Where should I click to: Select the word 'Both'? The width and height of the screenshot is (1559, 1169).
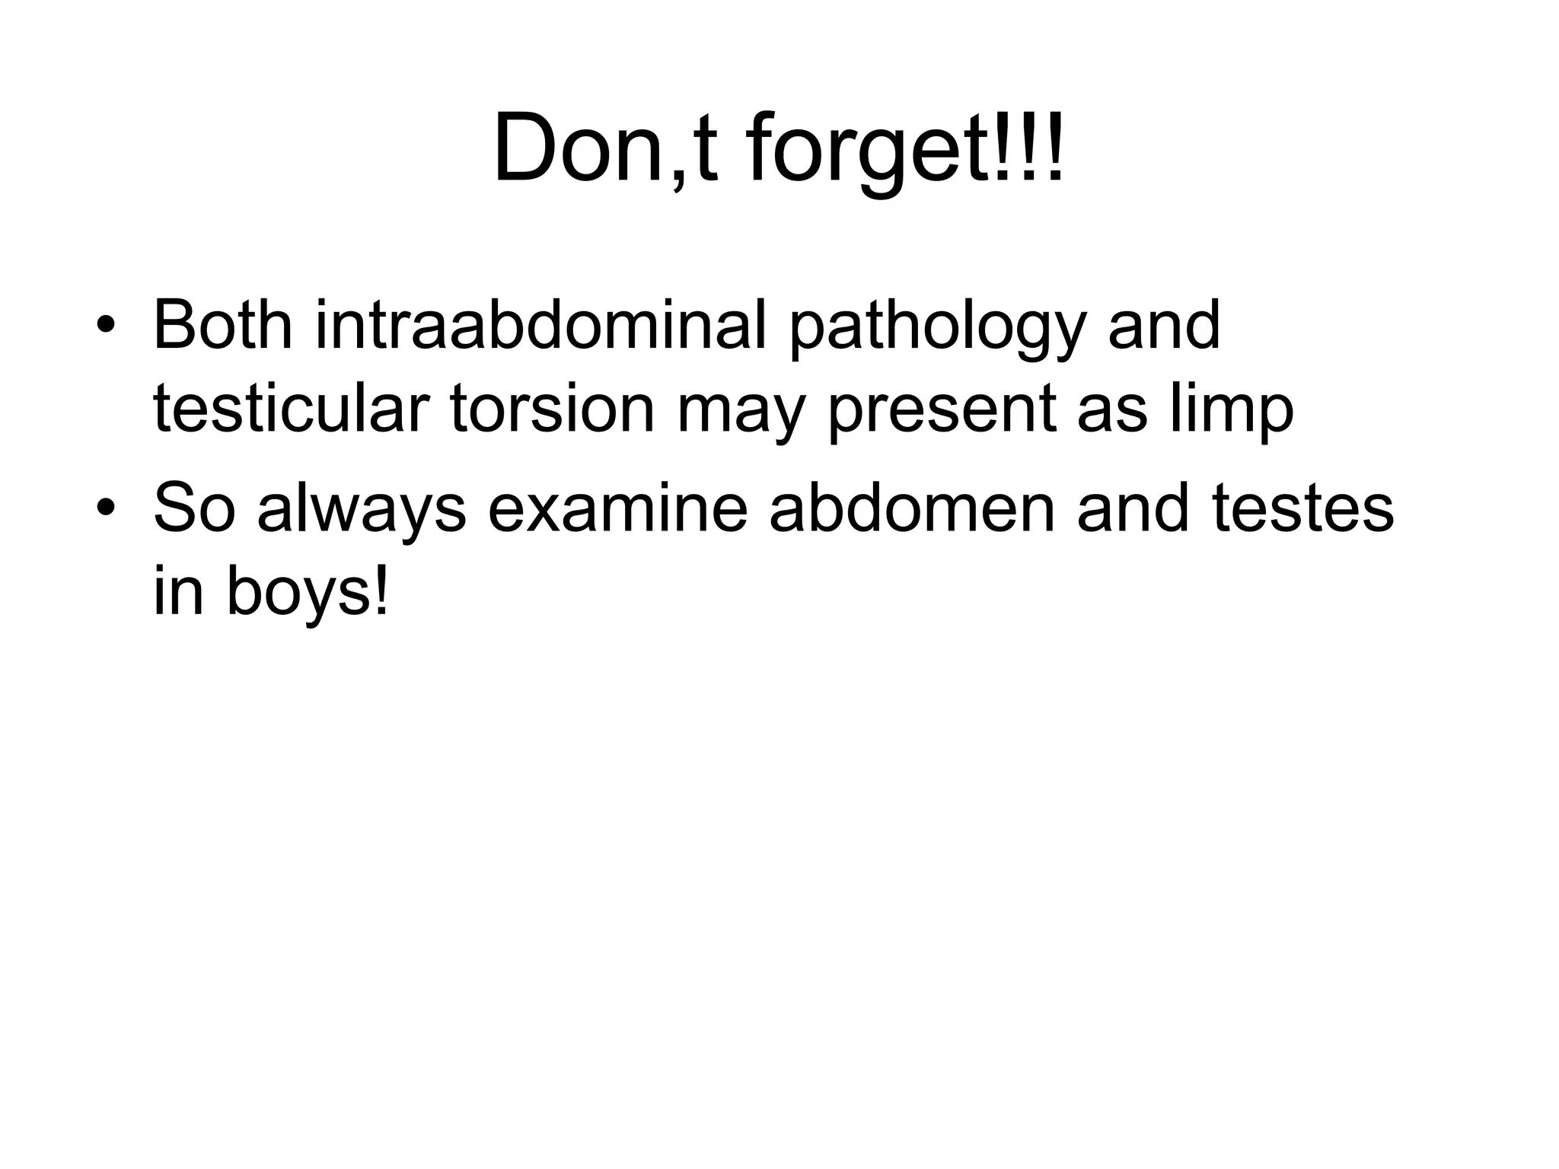click(222, 326)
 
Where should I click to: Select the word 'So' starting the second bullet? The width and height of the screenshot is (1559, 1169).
click(193, 509)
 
